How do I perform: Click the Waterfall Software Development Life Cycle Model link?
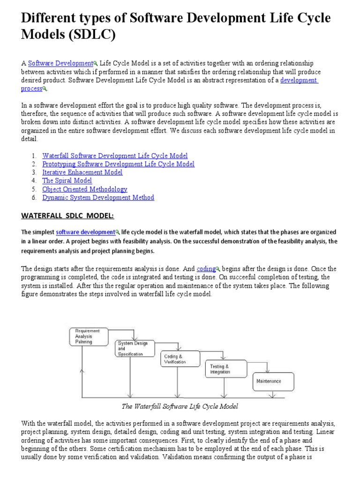coord(115,156)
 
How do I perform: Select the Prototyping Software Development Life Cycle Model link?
coord(118,164)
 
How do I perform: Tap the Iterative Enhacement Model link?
coord(82,172)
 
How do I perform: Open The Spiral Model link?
coord(67,181)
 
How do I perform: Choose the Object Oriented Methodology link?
coord(84,189)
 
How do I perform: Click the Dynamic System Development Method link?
coord(98,198)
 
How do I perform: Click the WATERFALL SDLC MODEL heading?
coord(67,216)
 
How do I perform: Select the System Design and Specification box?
coord(134,349)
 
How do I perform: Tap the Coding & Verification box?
coord(178,360)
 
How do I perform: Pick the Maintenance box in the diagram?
coord(273,381)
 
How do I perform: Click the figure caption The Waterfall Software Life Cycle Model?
coord(180,406)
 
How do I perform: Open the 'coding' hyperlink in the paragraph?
coord(206,269)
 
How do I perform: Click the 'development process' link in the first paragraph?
coord(299,80)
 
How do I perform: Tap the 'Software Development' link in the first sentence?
coord(60,63)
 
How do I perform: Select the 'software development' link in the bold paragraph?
coord(85,232)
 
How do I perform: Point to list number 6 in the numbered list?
coord(34,198)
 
